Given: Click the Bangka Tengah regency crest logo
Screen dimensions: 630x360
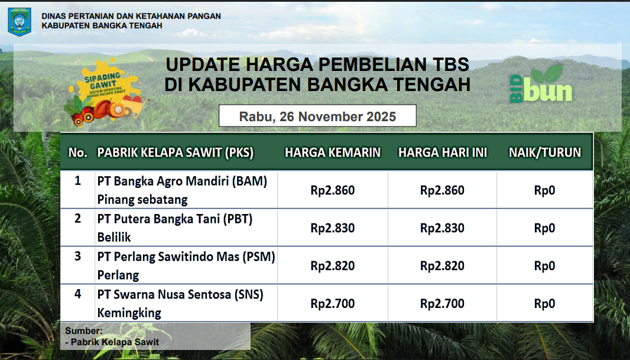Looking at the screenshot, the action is [x=20, y=22].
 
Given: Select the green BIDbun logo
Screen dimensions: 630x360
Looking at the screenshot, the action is [x=541, y=84].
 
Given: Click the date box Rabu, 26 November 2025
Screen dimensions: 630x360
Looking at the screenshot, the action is [x=317, y=116].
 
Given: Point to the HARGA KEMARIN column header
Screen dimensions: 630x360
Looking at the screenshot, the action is [x=333, y=153].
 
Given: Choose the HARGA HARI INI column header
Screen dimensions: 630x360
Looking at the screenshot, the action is [x=443, y=153].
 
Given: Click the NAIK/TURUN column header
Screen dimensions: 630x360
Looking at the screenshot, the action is [x=545, y=153].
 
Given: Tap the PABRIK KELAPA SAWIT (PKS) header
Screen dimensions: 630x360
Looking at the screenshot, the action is [x=176, y=153].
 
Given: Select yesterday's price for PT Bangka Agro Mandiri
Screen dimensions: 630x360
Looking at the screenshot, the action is [x=333, y=190].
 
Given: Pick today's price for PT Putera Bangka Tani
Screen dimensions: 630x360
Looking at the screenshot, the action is [x=443, y=228].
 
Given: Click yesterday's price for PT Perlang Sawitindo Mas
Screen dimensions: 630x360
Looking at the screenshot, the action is [x=333, y=265].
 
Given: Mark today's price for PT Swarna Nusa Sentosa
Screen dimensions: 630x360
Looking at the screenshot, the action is [x=443, y=303].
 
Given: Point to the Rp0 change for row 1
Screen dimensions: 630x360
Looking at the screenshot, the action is [x=545, y=190].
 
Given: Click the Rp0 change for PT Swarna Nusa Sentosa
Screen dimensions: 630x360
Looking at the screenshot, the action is [x=545, y=303].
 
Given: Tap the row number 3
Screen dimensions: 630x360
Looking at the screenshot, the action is [x=78, y=256].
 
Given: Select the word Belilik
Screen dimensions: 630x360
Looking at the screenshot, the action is [x=114, y=237].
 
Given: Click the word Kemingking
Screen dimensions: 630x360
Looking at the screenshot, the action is [x=129, y=313].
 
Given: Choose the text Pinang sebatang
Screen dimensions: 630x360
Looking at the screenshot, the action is [x=142, y=199].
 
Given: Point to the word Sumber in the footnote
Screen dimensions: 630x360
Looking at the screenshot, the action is [x=83, y=330].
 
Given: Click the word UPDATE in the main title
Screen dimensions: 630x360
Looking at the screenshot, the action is [x=203, y=64].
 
